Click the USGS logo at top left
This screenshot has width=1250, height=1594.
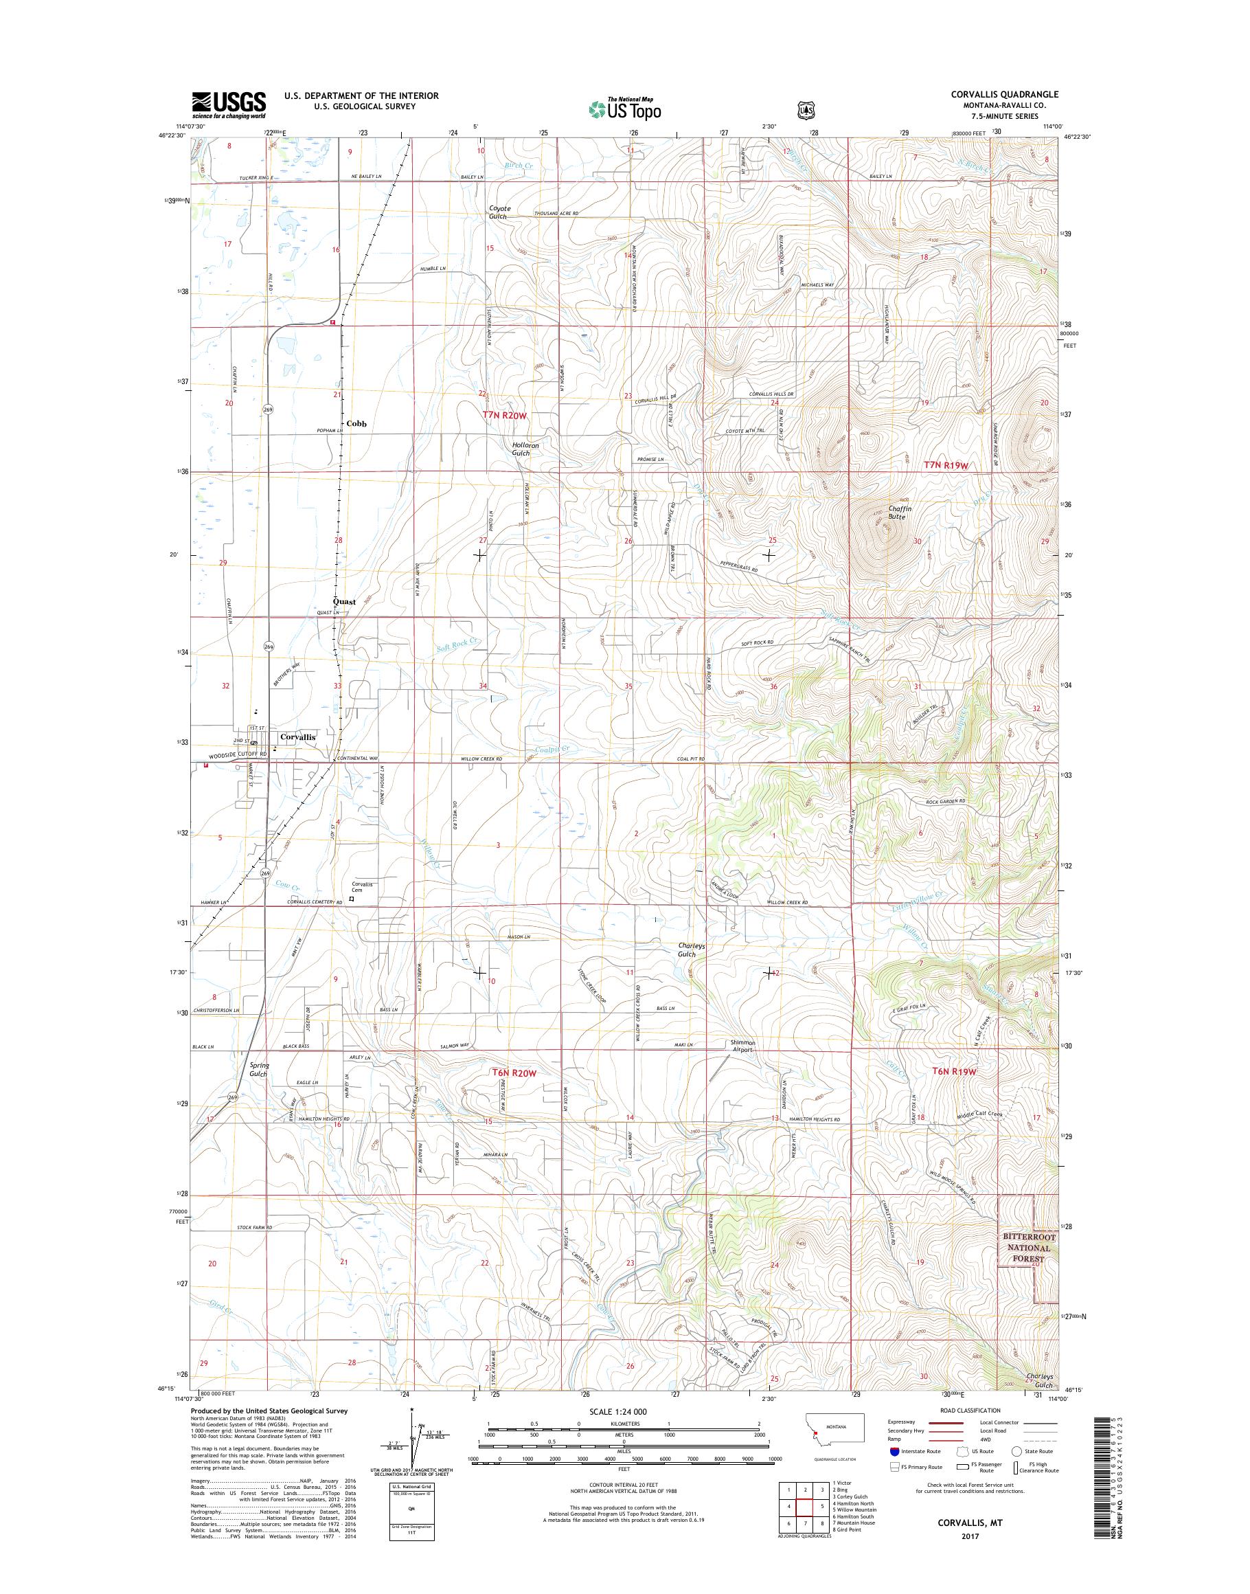(228, 104)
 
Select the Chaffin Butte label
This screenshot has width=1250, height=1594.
(896, 513)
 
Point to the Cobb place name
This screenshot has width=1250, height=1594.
(356, 423)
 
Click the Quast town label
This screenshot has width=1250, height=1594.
(343, 602)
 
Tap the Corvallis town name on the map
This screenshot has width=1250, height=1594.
(297, 737)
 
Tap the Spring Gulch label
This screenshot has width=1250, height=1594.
(259, 1070)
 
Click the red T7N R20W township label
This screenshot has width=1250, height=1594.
(504, 415)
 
